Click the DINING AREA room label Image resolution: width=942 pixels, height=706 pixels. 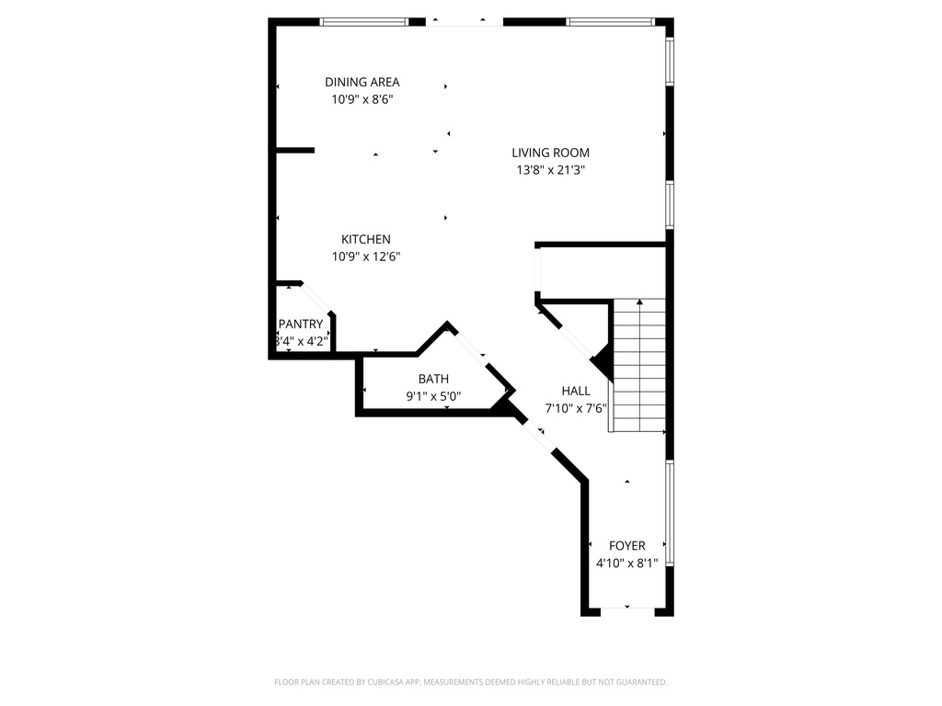click(362, 82)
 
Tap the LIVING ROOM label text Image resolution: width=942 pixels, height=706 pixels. click(550, 153)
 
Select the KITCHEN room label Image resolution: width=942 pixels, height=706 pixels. click(366, 239)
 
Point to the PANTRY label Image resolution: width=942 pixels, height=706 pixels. click(301, 324)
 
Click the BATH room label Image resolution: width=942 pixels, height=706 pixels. click(433, 379)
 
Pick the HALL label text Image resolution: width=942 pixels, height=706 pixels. click(576, 391)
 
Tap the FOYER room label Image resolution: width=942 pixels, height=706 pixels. click(626, 546)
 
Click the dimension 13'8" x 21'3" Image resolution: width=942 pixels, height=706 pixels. click(550, 170)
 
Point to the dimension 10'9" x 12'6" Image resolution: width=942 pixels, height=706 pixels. click(366, 256)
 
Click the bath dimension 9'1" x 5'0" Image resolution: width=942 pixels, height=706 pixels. click(433, 397)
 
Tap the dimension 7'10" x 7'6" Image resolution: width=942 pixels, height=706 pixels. click(576, 408)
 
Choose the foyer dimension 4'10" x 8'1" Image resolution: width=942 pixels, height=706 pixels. click(626, 564)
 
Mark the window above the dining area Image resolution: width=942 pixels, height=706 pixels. click(364, 21)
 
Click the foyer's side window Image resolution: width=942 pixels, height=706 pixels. click(670, 511)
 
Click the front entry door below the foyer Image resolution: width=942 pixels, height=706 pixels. click(627, 609)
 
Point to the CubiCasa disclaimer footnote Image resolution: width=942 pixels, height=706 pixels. click(470, 682)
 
